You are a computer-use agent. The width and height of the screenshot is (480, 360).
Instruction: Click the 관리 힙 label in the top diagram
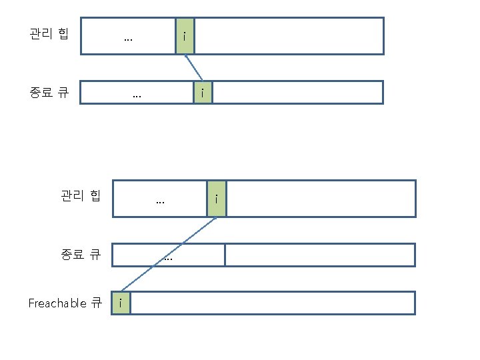(x=49, y=33)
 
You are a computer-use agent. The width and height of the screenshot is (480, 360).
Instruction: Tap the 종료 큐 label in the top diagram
(x=49, y=92)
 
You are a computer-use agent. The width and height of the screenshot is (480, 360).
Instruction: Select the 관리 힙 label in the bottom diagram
(x=81, y=196)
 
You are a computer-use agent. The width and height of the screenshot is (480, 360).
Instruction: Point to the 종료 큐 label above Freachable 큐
(x=81, y=254)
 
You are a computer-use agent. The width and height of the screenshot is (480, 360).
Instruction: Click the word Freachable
(x=57, y=303)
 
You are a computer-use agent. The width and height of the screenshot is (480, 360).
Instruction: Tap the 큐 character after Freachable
(x=96, y=303)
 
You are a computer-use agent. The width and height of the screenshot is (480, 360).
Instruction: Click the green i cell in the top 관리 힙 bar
(x=185, y=36)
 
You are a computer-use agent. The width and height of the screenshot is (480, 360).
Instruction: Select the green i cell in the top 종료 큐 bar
(x=203, y=93)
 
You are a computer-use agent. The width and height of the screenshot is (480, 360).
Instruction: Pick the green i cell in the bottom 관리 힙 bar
(x=217, y=199)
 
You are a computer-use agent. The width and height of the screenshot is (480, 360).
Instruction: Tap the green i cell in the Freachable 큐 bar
(x=121, y=303)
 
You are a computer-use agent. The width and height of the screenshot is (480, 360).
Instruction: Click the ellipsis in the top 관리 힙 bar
(x=128, y=38)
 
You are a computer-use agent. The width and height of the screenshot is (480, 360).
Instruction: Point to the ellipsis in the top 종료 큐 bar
(x=137, y=95)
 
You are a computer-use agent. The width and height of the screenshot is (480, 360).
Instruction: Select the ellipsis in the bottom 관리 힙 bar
(x=160, y=200)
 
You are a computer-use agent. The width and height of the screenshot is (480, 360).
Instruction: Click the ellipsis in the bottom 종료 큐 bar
(x=168, y=257)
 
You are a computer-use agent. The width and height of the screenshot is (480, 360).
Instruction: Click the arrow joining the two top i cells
(x=193, y=68)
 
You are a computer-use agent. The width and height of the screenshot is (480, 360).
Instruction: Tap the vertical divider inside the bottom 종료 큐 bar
(x=225, y=255)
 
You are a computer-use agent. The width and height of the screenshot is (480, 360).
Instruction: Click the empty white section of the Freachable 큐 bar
(x=272, y=303)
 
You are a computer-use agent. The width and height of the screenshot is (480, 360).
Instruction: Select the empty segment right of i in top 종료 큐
(x=297, y=93)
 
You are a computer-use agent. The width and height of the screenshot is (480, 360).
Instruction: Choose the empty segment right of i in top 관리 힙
(x=289, y=36)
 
